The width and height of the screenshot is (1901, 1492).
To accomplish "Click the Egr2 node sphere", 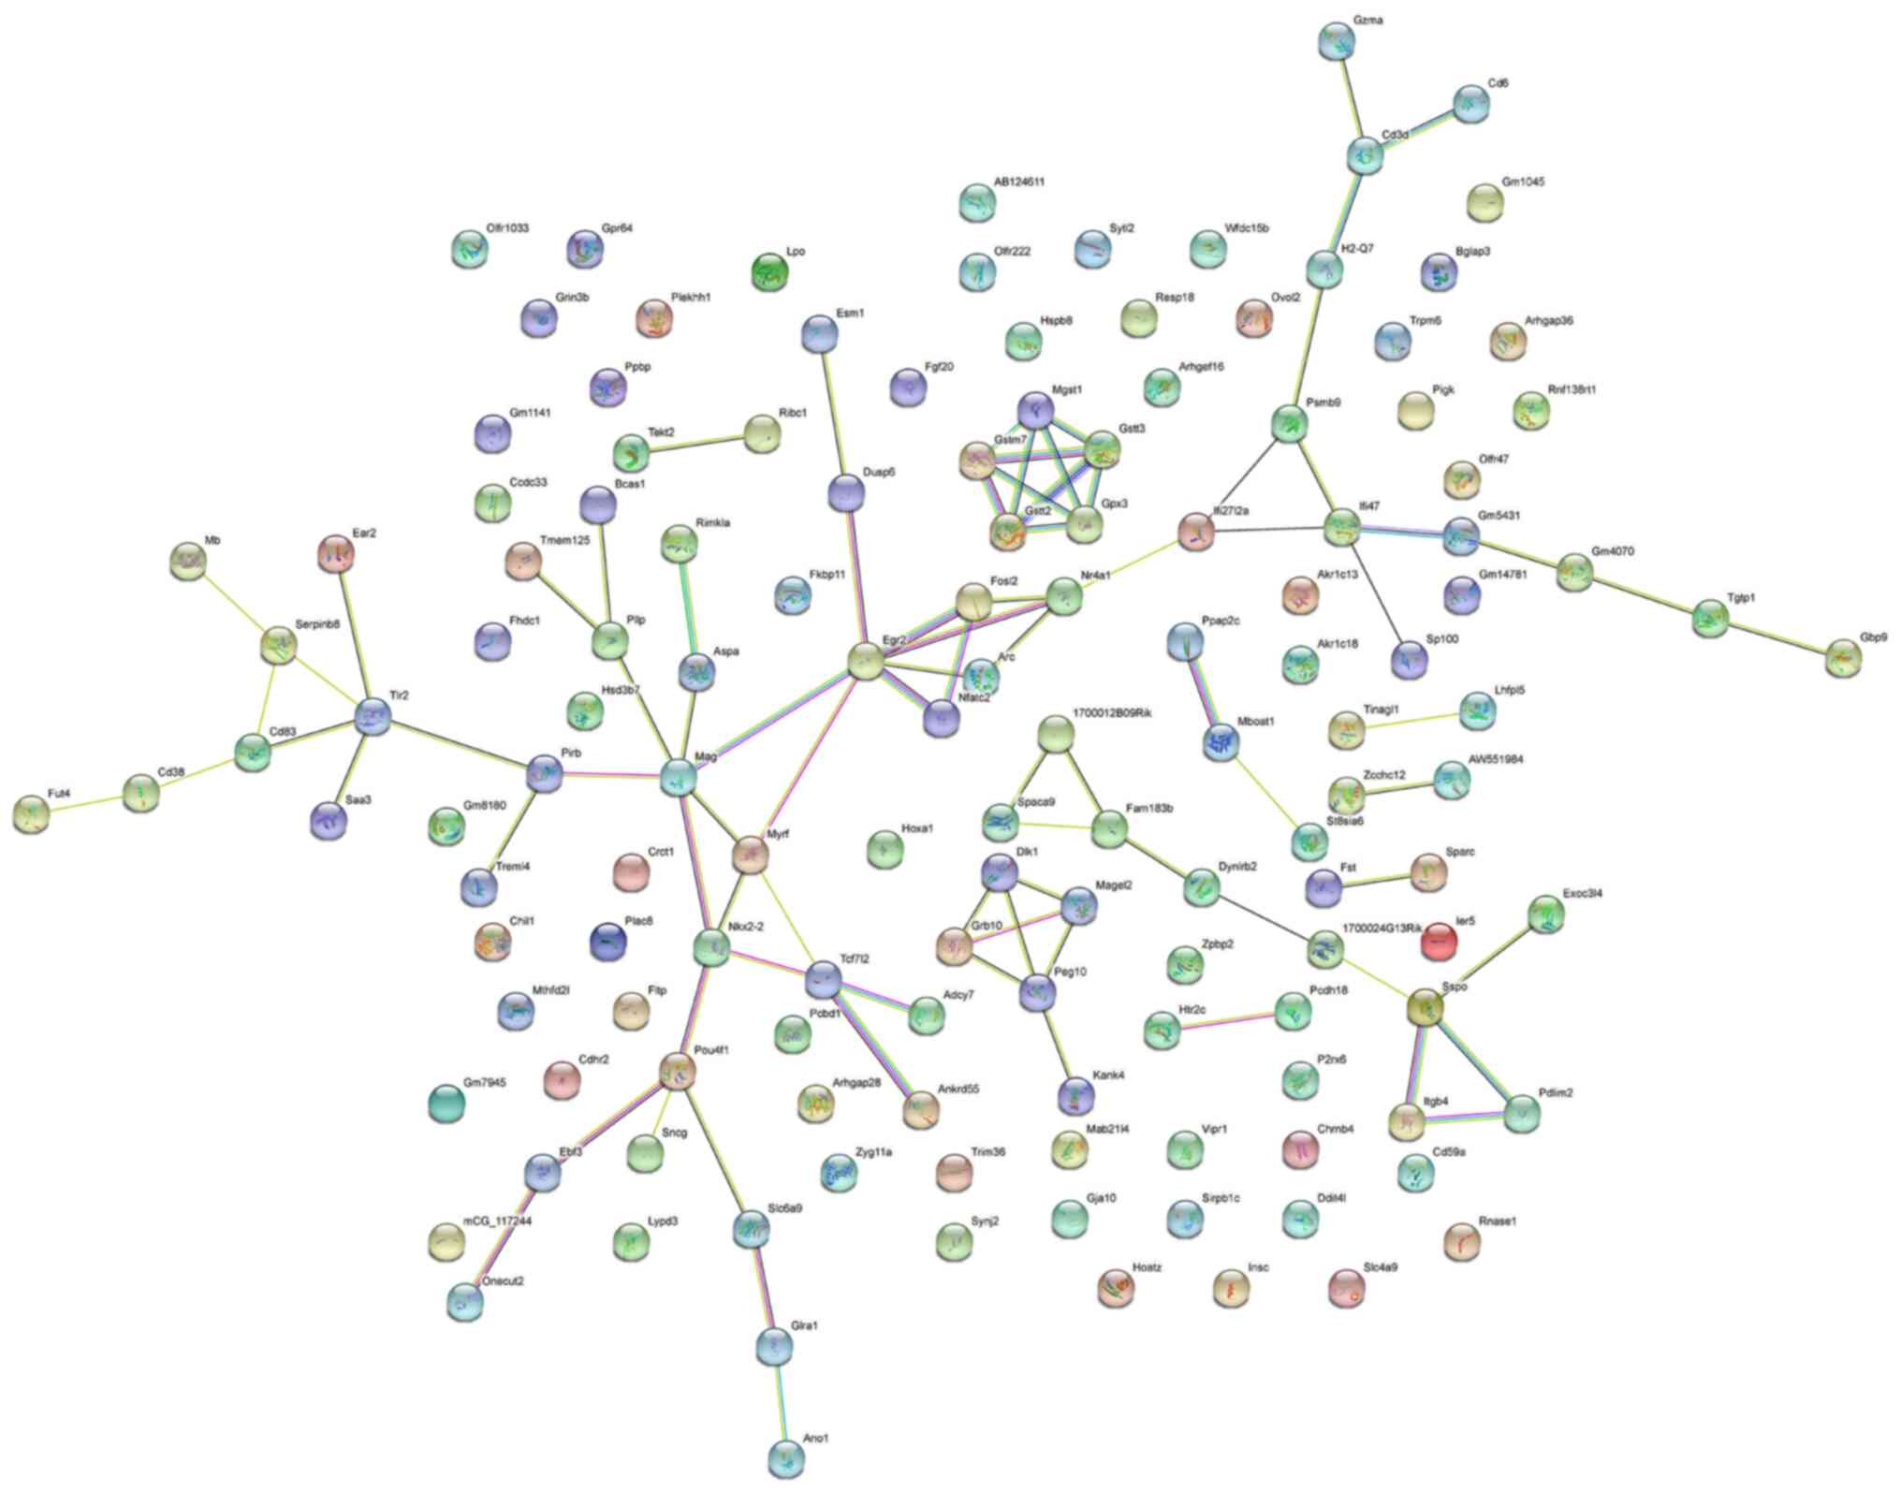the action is pyautogui.click(x=866, y=661).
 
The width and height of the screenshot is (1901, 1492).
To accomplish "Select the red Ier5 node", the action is pyautogui.click(x=1439, y=941).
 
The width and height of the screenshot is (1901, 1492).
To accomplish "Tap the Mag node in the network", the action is pyautogui.click(x=679, y=777).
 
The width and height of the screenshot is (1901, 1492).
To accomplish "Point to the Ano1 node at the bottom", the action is pyautogui.click(x=785, y=1457).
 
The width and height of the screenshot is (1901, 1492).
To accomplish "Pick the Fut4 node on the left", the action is pyautogui.click(x=32, y=814).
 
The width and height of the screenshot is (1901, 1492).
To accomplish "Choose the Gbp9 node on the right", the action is pyautogui.click(x=1843, y=658).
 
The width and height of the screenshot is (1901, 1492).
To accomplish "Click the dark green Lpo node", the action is pyautogui.click(x=770, y=272).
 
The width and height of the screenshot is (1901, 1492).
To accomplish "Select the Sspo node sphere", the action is pyautogui.click(x=1425, y=1007).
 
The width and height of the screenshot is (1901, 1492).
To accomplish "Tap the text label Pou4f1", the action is pyautogui.click(x=711, y=1050).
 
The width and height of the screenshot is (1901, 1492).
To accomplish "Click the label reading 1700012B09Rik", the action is pyautogui.click(x=1112, y=713).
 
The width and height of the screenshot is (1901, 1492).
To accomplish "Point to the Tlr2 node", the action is pyautogui.click(x=373, y=717).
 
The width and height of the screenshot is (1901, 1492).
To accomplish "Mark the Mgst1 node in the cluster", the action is pyautogui.click(x=1035, y=409).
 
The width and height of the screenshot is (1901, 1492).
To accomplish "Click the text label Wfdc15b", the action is pyautogui.click(x=1247, y=228).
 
